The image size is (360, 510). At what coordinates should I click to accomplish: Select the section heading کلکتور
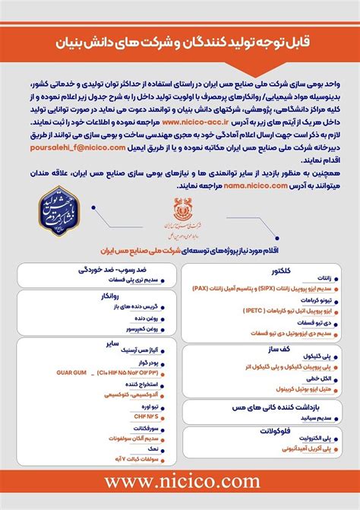coord(281,271)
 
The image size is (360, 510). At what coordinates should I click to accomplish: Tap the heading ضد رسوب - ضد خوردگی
coord(112,270)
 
